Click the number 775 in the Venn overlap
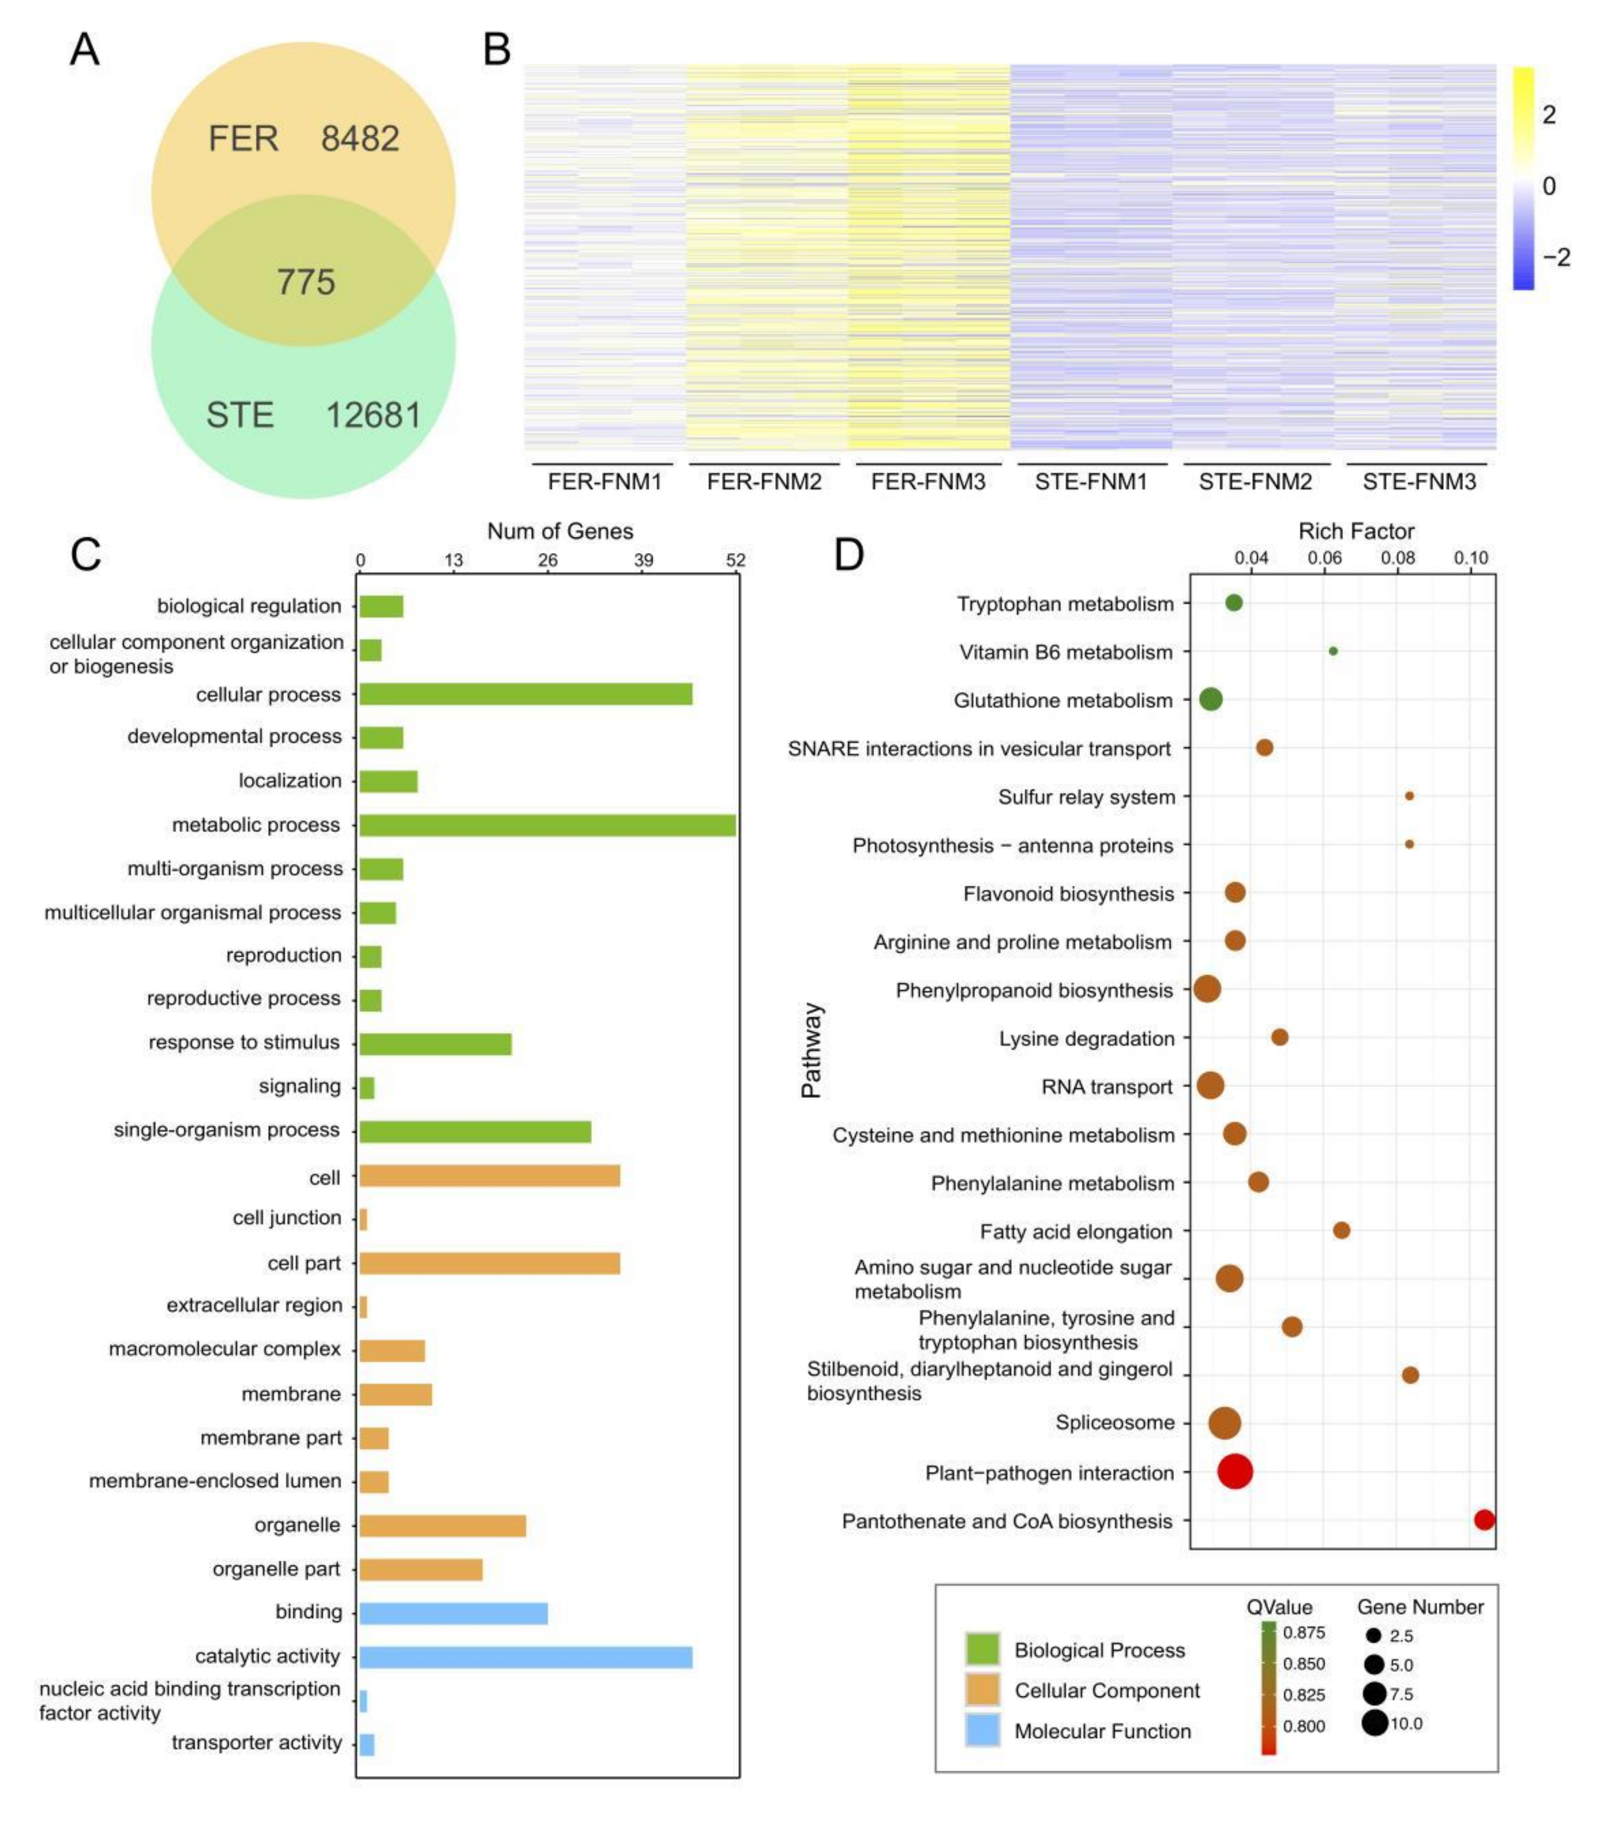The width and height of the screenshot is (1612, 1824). point(305,282)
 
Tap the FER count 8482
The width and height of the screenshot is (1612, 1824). point(359,139)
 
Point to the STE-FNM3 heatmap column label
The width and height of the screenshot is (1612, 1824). point(1418,482)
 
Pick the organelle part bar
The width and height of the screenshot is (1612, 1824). point(420,1569)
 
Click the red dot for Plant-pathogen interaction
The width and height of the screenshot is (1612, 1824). point(1234,1471)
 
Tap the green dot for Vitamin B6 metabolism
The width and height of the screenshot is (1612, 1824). point(1332,651)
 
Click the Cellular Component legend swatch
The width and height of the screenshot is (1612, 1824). point(982,1689)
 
